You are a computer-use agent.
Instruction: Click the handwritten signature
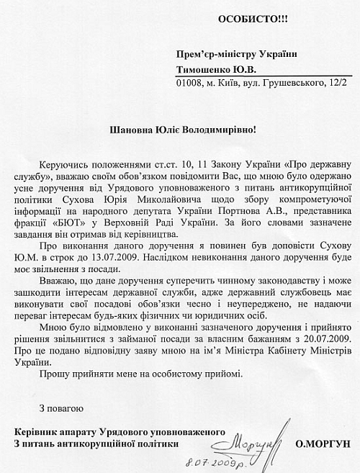point(250,440)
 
